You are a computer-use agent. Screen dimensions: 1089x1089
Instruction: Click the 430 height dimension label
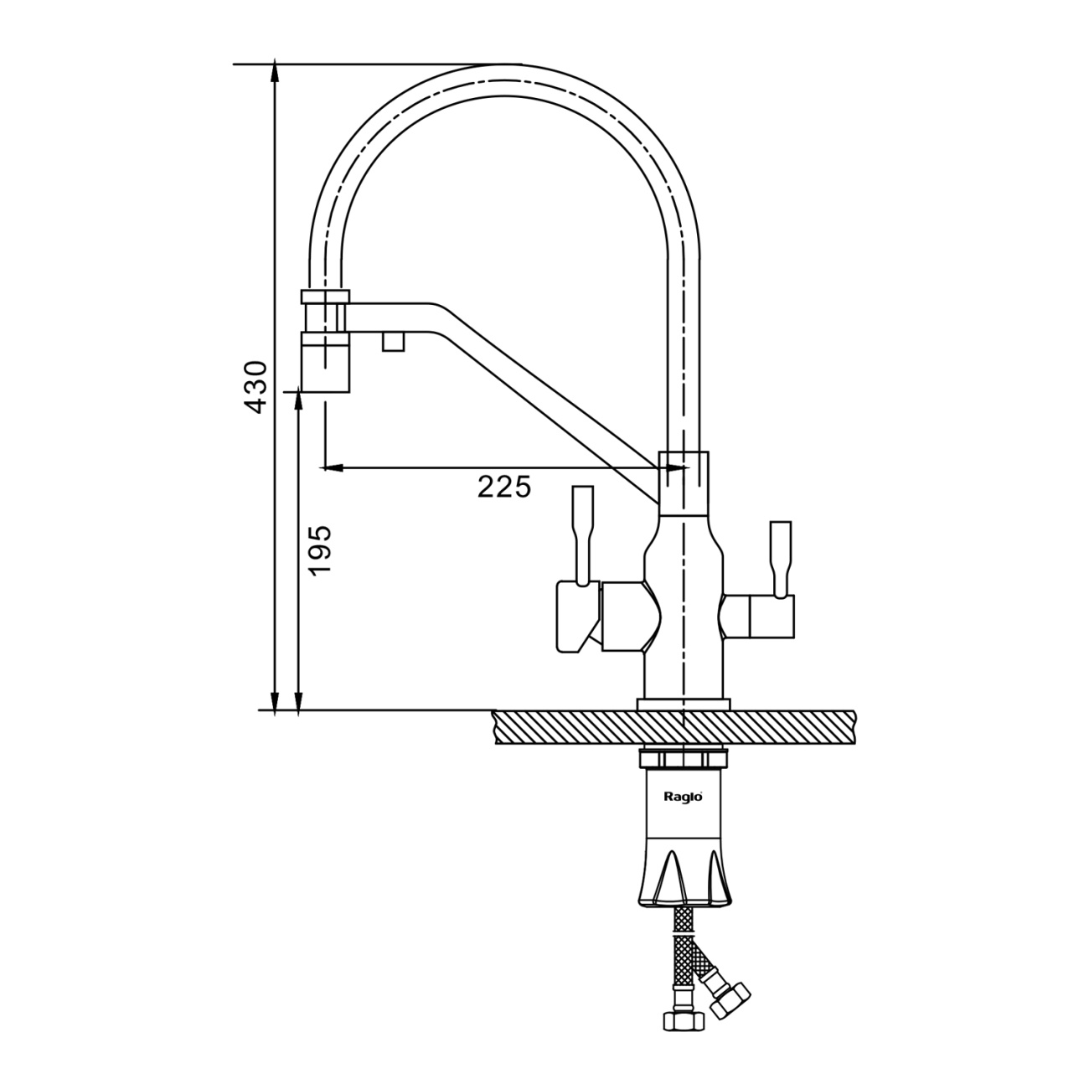[254, 387]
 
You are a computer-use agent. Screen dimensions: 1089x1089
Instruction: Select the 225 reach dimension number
[504, 487]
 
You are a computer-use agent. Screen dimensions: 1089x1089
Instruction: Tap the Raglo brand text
[683, 797]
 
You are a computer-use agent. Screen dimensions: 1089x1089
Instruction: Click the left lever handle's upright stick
[583, 536]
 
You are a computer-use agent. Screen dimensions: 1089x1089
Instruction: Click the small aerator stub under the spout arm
[394, 341]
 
